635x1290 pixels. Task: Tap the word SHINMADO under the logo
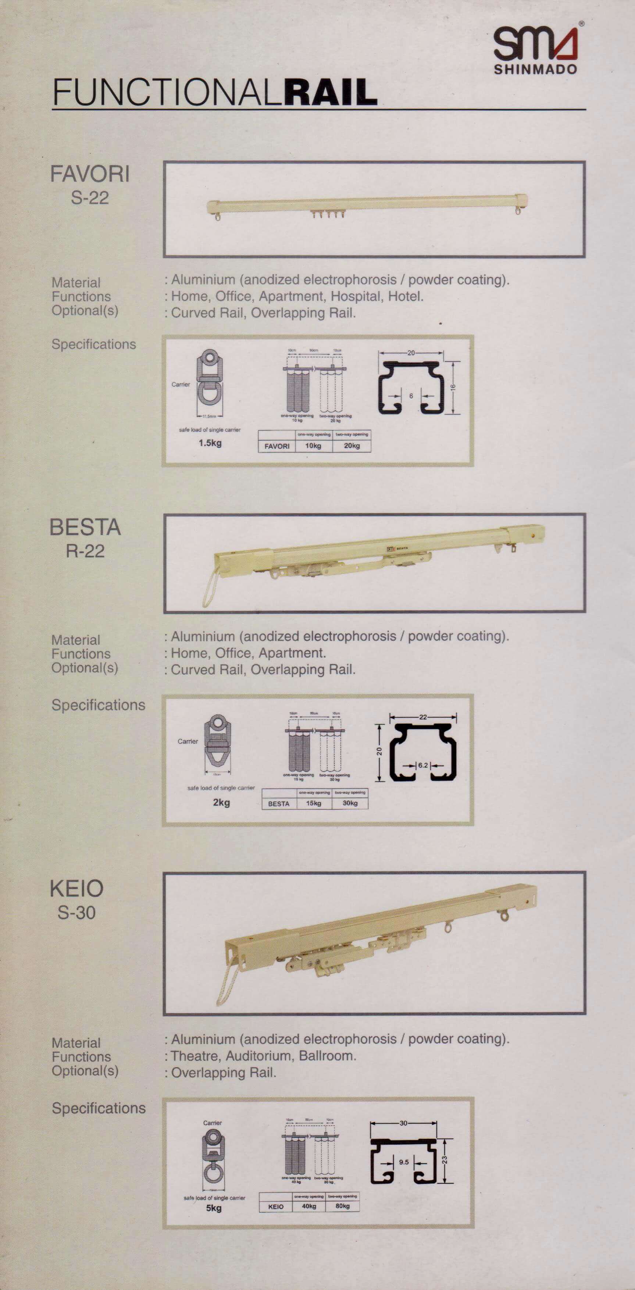[x=535, y=69]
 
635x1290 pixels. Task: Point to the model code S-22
[x=90, y=197]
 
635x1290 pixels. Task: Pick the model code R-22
[x=85, y=551]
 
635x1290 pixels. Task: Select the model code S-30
[x=76, y=912]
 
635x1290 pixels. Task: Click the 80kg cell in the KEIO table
[x=343, y=1206]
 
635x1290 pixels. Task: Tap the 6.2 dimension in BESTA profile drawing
[x=423, y=765]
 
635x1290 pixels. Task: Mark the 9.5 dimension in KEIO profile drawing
[x=404, y=1162]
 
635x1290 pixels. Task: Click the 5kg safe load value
[x=214, y=1208]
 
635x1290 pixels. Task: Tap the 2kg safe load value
[x=221, y=802]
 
